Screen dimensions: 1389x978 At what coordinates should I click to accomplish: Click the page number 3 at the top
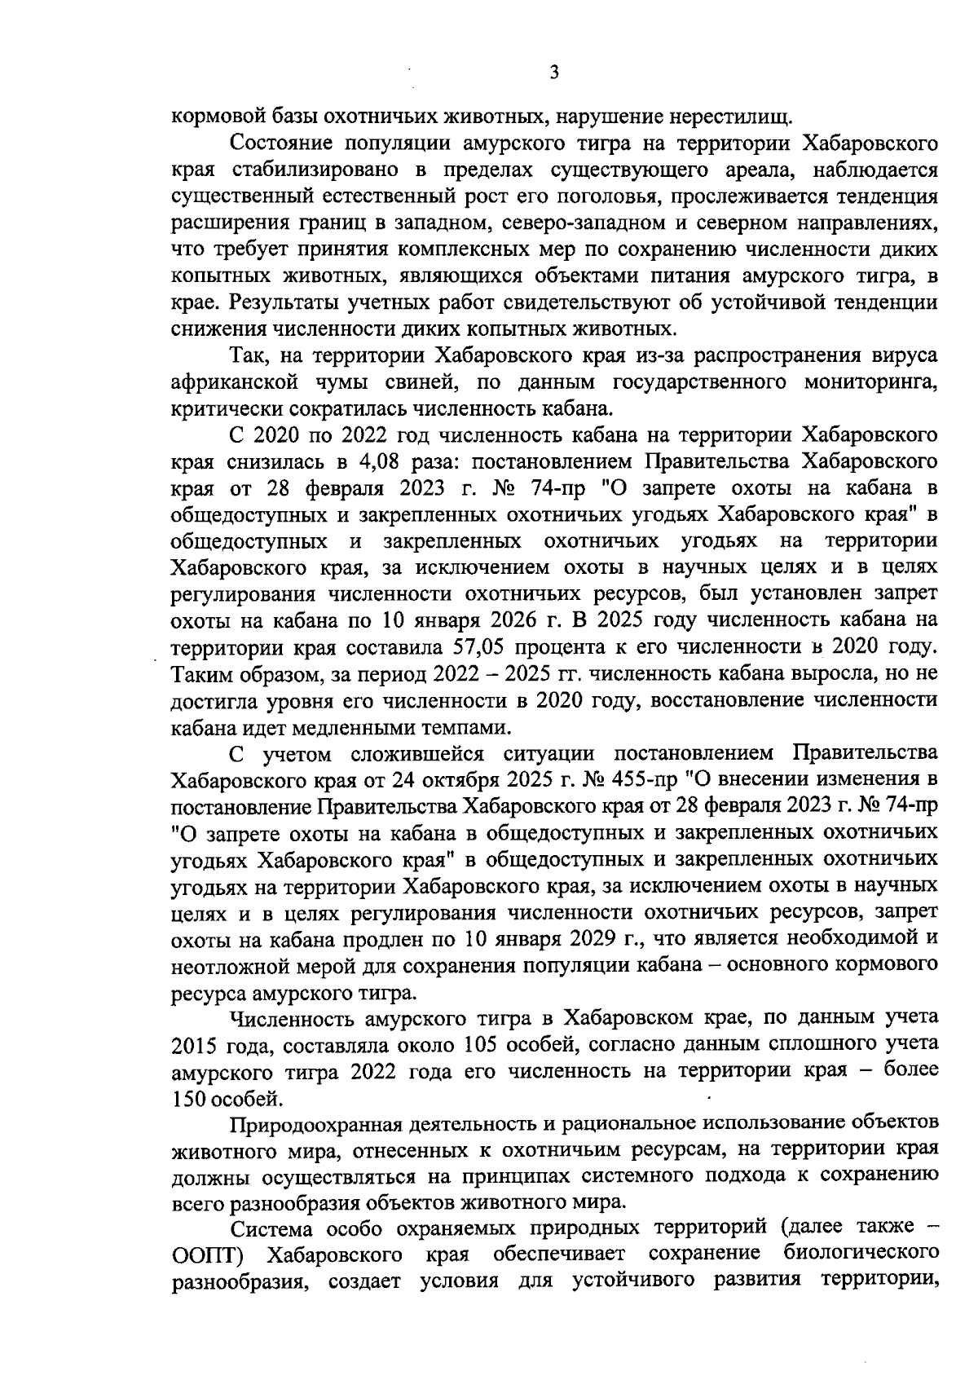click(554, 73)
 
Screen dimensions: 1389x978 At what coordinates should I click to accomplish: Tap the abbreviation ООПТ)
click(203, 1253)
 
